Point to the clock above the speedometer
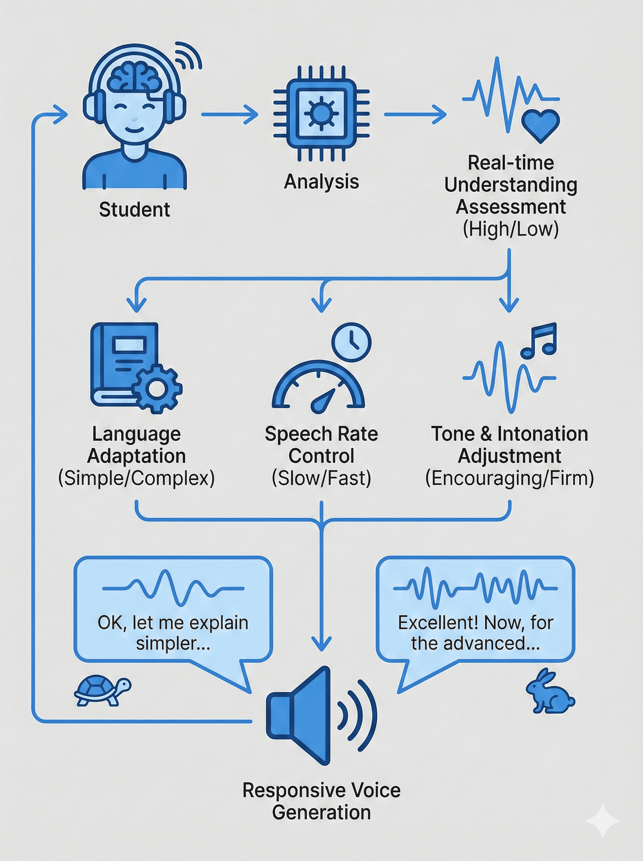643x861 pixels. [x=351, y=342]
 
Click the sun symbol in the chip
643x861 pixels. [x=321, y=114]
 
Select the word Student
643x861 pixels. [x=134, y=210]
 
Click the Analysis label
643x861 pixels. [x=321, y=182]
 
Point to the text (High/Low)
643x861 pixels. [x=511, y=229]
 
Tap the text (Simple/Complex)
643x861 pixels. [x=136, y=478]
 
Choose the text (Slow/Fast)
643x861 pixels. [x=321, y=478]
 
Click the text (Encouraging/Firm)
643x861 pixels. [x=510, y=478]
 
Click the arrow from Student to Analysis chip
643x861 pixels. [x=230, y=114]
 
